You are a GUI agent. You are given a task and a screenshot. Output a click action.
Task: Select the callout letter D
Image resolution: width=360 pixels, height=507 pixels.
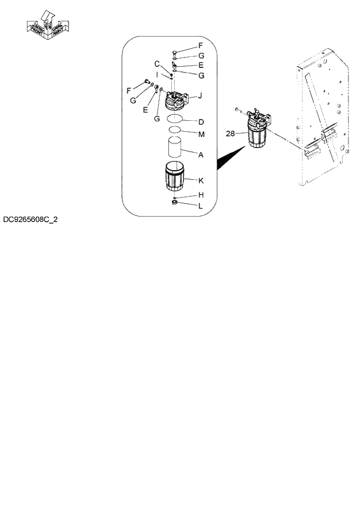200,122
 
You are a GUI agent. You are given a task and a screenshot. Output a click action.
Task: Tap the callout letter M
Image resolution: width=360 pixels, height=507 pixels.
201,135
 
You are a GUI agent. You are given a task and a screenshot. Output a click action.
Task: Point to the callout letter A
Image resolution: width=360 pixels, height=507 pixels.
200,155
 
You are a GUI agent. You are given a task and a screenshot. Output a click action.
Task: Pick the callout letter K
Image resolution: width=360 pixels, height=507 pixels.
200,181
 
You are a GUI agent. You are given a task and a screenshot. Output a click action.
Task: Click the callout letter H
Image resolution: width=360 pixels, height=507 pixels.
200,195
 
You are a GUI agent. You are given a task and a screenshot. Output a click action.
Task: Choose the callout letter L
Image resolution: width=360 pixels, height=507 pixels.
200,206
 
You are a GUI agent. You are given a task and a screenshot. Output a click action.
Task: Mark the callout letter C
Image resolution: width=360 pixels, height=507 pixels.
157,63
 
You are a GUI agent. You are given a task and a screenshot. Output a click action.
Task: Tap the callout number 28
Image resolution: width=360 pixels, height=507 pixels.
230,134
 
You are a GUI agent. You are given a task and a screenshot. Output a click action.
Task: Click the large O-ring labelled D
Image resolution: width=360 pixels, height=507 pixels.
177,119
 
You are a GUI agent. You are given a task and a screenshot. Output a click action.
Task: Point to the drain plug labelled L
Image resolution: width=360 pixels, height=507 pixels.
174,203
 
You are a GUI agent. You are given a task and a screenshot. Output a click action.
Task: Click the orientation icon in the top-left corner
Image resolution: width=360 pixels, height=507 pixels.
49,26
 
